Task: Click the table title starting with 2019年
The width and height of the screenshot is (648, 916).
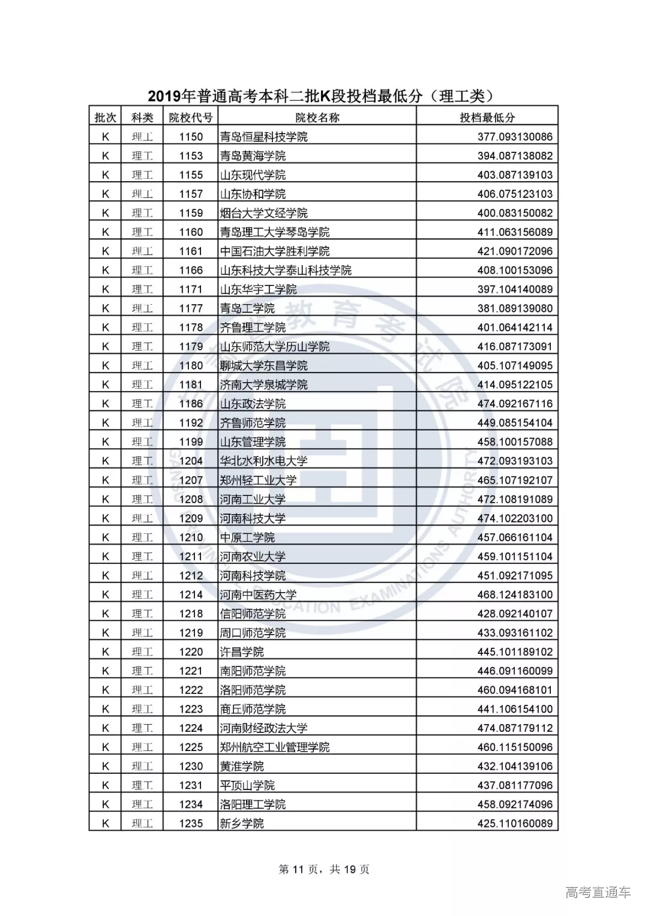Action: coord(323,96)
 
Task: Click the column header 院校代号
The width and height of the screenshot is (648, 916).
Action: coord(191,118)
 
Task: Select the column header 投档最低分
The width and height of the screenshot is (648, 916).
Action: coord(487,118)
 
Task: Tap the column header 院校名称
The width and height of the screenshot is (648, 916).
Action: coord(317,118)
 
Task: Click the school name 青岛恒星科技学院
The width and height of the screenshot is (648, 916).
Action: coord(263,137)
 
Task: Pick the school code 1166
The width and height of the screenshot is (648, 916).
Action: coord(191,271)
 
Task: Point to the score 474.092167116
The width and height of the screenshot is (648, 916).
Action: coord(515,404)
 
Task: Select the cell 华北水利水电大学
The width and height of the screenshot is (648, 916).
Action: coord(263,461)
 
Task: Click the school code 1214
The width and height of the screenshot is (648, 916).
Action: coord(191,594)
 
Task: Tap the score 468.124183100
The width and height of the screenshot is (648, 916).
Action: coord(515,594)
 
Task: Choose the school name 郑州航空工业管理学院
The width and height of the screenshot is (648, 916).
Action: coord(274,747)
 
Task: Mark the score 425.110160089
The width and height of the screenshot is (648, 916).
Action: coord(515,824)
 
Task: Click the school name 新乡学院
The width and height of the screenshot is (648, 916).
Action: coord(242,824)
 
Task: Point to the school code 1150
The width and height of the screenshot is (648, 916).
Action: coord(191,137)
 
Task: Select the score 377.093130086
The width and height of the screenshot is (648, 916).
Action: coord(515,137)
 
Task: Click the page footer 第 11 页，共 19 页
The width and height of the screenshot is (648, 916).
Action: coord(324,869)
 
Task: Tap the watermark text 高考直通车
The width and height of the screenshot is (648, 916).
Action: coord(598,892)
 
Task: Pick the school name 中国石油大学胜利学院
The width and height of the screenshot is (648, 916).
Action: coord(274,251)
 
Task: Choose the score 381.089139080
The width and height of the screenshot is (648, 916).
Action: coord(515,308)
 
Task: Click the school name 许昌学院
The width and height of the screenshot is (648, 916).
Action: coord(242,652)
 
